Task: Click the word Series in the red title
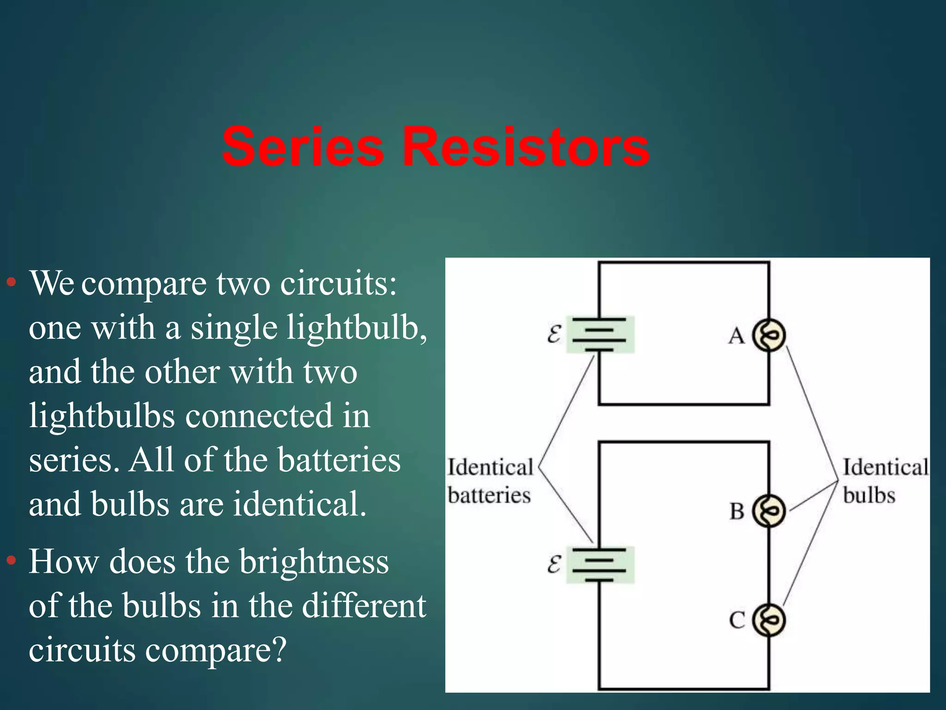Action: [303, 147]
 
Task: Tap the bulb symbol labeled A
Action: [769, 335]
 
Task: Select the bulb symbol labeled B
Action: [769, 511]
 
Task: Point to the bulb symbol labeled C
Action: [769, 620]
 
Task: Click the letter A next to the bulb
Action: [736, 336]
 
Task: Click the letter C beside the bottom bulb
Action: [737, 620]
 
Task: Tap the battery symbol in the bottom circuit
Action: [600, 565]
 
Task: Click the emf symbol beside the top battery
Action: [554, 334]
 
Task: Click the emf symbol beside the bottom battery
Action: [554, 564]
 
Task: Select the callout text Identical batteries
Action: [490, 481]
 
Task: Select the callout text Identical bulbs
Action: [885, 481]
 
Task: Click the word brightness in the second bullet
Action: [314, 563]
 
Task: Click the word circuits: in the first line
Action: [338, 283]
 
